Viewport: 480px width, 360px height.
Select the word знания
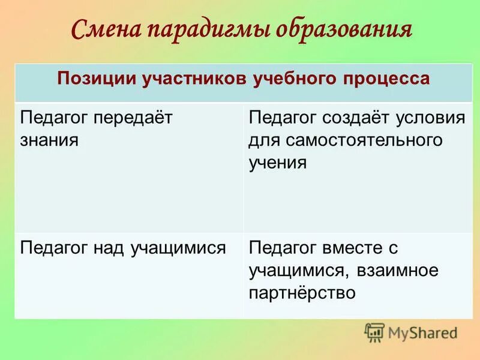(x=50, y=140)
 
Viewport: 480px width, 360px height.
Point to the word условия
(x=433, y=118)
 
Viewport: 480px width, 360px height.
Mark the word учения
(x=278, y=163)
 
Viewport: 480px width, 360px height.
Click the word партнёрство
(x=302, y=293)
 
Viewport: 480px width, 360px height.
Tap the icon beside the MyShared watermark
(x=374, y=332)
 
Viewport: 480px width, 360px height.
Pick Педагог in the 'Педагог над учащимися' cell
(x=55, y=248)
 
